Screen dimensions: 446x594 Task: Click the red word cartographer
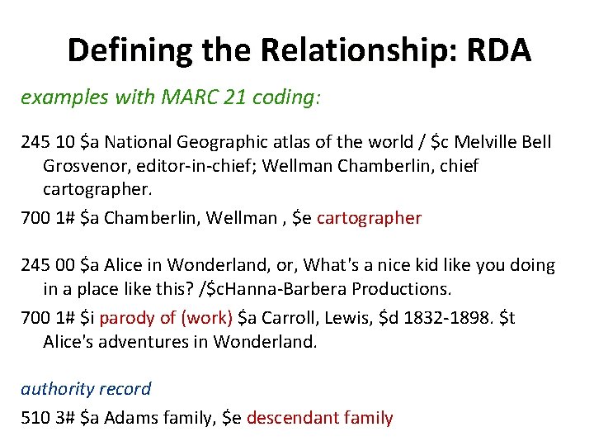pyautogui.click(x=369, y=218)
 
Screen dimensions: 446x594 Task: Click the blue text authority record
pyautogui.click(x=86, y=389)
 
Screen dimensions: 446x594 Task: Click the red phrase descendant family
pyautogui.click(x=319, y=418)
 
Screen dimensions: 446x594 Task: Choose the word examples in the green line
pyautogui.click(x=56, y=97)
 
